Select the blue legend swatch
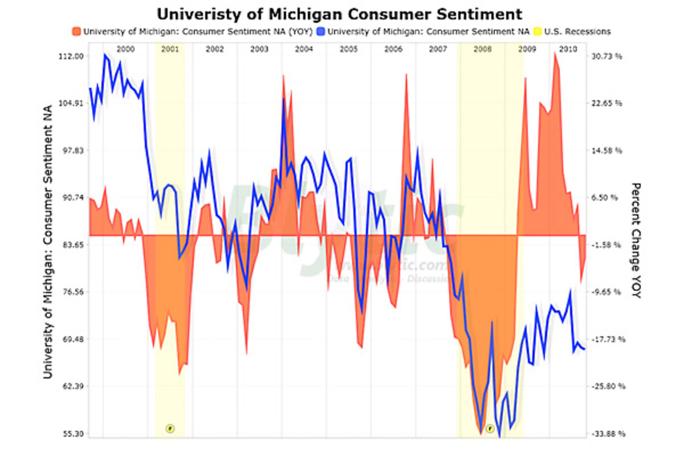(321, 31)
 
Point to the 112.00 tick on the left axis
(72, 56)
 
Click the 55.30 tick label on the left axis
(73, 434)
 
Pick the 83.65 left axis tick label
(73, 245)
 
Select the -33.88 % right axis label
(608, 434)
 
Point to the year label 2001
(170, 49)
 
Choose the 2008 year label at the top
(483, 49)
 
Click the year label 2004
(304, 49)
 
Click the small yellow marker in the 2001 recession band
(169, 428)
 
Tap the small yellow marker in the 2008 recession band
(490, 428)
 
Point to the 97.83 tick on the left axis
(73, 150)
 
